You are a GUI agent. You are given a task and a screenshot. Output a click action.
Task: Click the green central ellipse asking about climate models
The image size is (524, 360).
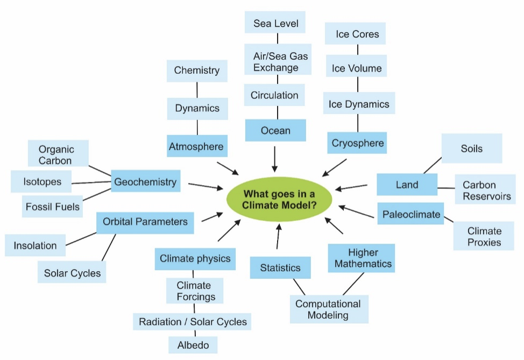tap(280, 200)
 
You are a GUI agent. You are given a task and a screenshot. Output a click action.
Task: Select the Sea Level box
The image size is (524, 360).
tap(276, 24)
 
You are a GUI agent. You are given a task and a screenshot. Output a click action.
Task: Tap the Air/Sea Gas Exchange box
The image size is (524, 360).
tap(276, 61)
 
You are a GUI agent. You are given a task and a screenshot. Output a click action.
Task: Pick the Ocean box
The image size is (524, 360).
tap(275, 131)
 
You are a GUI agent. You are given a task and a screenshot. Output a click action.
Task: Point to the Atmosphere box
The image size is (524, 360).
tap(196, 146)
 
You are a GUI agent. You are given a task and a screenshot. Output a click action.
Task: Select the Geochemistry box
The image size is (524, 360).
tap(145, 182)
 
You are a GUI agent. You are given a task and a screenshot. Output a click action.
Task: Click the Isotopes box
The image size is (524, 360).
tap(42, 182)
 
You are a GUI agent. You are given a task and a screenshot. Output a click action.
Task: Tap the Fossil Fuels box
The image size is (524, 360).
tap(52, 207)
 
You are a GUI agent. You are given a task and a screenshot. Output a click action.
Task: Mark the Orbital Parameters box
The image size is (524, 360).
tap(145, 222)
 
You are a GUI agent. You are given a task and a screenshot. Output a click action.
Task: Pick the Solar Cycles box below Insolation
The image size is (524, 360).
tap(73, 273)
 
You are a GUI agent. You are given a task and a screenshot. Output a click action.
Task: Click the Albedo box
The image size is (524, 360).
tap(193, 345)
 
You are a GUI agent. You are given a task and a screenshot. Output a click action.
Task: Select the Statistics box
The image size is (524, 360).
tap(280, 268)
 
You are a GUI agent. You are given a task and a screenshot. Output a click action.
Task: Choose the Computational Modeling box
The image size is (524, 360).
tap(328, 309)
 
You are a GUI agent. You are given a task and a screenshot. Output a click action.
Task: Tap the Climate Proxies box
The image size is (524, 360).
tap(484, 237)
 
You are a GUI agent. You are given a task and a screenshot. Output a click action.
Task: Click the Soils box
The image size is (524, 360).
tap(472, 149)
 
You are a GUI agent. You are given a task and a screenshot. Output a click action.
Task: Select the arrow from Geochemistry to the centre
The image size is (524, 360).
tap(206, 186)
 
